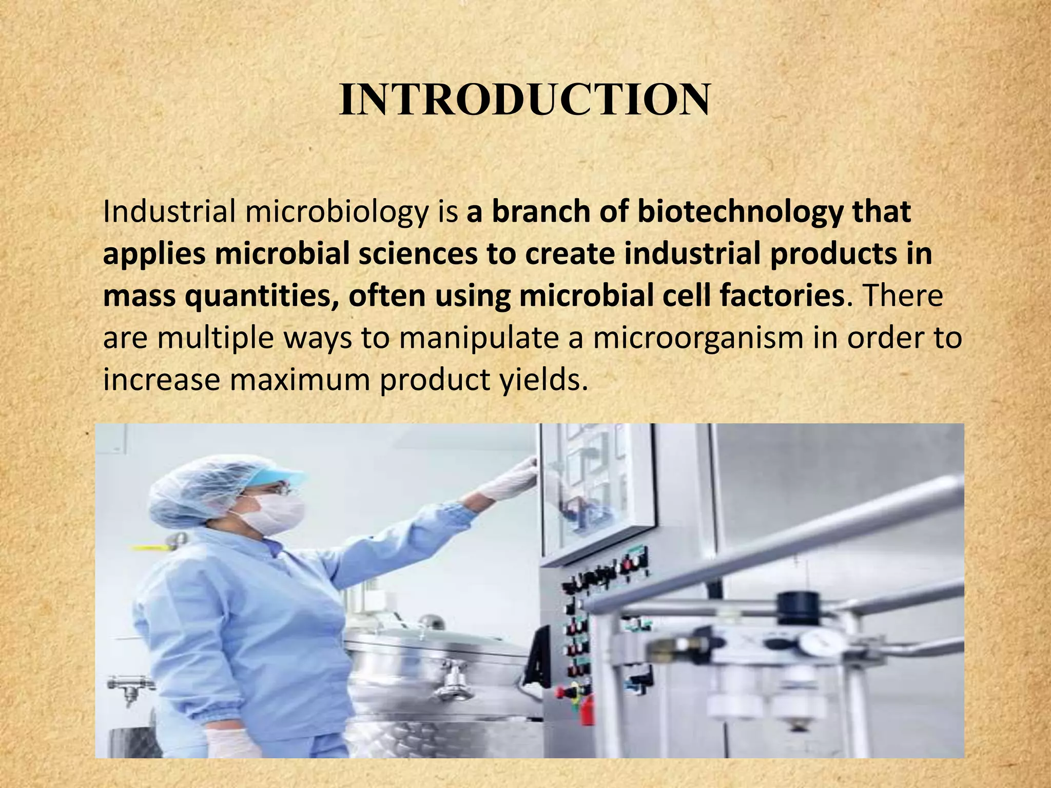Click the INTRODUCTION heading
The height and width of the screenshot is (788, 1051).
coord(524,99)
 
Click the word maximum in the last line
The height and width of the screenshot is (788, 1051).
coord(300,380)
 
